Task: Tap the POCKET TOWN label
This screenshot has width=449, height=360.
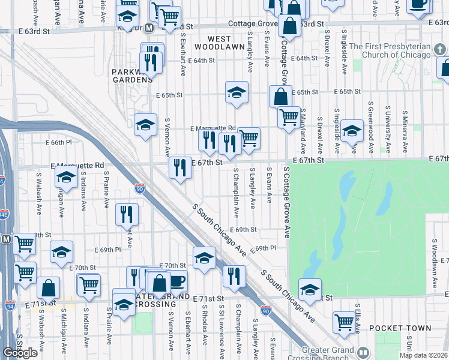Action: coord(400,328)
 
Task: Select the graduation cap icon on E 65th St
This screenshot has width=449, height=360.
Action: coord(237,93)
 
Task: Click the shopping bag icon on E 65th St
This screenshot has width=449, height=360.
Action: coord(280,96)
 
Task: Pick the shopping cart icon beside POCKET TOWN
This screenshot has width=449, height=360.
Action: coord(345,322)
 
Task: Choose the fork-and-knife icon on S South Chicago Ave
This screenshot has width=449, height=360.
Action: coord(234,275)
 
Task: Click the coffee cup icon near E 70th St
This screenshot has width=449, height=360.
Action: coord(176,281)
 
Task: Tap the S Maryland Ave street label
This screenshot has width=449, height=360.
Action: coord(304,129)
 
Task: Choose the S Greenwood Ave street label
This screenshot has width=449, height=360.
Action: coord(371,129)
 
